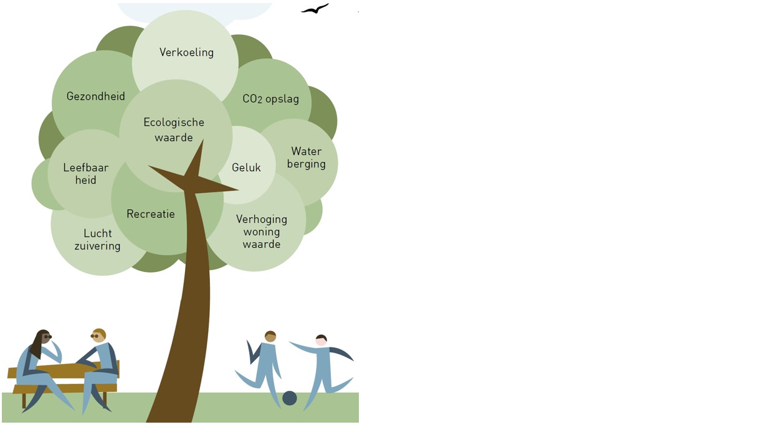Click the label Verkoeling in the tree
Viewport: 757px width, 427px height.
pos(186,52)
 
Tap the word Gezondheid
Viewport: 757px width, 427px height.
pos(96,96)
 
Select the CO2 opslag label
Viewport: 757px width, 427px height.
pos(270,99)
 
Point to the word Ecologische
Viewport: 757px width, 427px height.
pos(174,122)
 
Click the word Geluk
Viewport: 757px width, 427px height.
pos(246,167)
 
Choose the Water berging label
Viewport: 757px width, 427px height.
pos(306,157)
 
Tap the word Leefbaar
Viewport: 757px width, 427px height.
pos(86,168)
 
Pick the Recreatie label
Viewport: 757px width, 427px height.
pos(151,214)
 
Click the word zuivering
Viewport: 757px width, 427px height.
pos(97,246)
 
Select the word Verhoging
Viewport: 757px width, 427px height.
pos(262,219)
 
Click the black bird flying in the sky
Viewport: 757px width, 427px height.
pos(315,9)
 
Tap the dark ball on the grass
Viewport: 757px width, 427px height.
pos(290,398)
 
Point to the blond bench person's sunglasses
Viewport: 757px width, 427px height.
pos(95,336)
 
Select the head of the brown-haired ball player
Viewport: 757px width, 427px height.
pos(270,336)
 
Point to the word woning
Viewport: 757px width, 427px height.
pos(262,232)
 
